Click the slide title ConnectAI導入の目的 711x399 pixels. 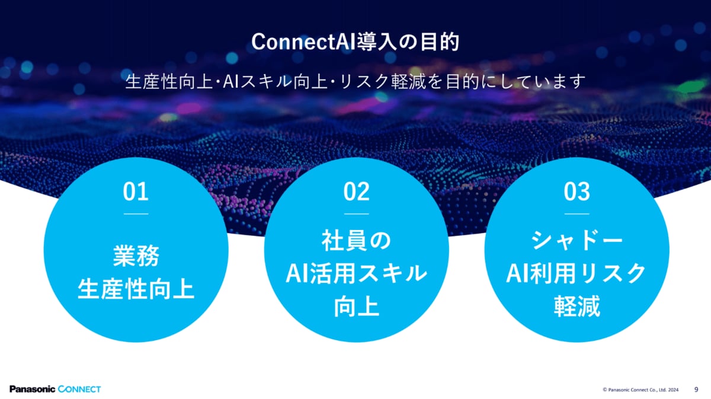pos(355,42)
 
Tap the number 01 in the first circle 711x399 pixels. pos(136,191)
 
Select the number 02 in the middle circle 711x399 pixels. pos(356,191)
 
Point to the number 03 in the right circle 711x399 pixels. pos(577,191)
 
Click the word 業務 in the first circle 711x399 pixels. pos(136,256)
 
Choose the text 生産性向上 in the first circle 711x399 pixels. pos(136,289)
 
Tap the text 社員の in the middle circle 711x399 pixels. pos(356,241)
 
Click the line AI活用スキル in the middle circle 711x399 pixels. pos(356,273)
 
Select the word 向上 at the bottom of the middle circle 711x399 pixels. pos(357,307)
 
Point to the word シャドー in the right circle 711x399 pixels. pos(577,241)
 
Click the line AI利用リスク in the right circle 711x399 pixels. pos(577,273)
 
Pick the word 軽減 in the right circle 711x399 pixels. pos(577,307)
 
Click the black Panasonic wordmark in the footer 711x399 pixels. pos(33,389)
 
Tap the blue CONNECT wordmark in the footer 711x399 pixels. pos(79,389)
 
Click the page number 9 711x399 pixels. pos(696,390)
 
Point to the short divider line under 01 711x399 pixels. pos(136,214)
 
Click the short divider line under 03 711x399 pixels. pos(577,214)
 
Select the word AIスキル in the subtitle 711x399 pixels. pos(257,82)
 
